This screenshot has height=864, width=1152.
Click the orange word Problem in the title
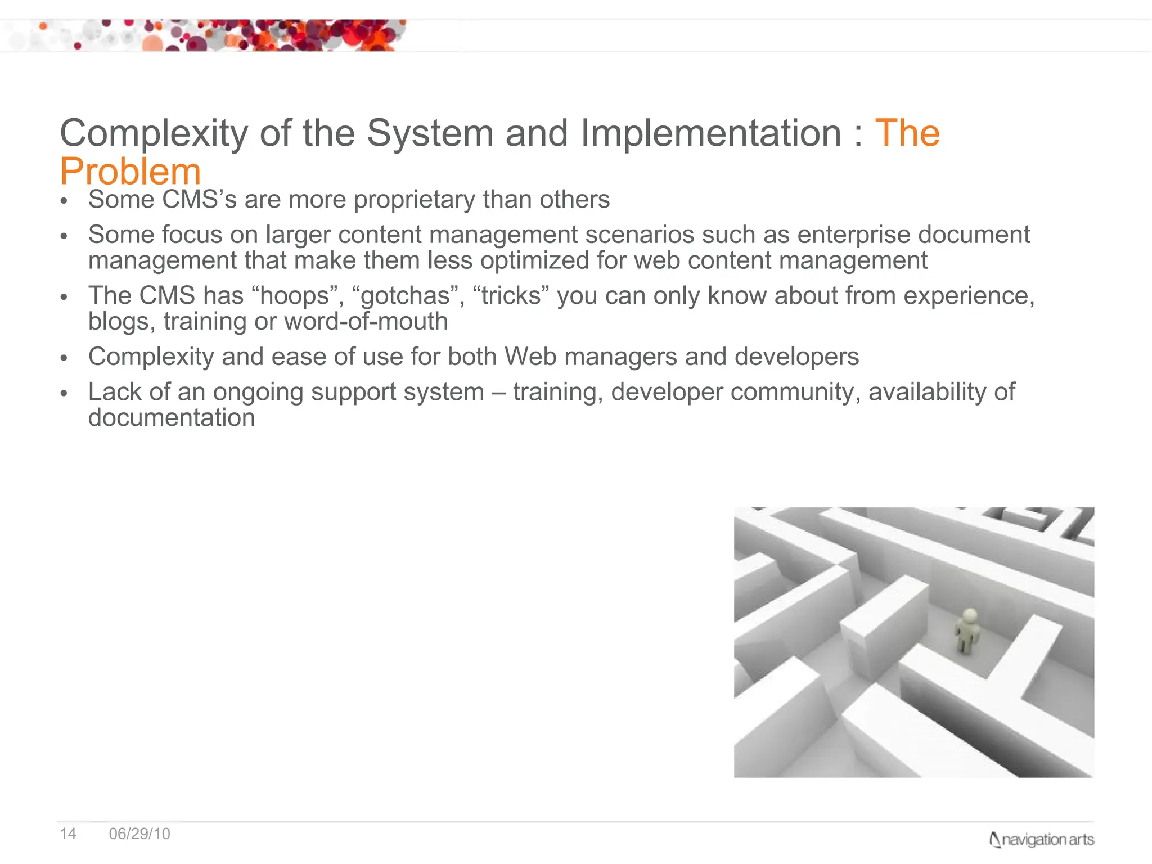130,172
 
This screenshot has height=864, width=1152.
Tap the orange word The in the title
907,133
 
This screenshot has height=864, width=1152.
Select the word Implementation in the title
711,133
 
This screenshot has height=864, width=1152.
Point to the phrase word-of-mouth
366,322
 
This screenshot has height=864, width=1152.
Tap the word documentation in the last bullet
172,418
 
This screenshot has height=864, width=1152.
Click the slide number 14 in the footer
68,834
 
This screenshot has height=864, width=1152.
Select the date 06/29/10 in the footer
139,834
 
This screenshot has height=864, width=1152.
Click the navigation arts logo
1041,840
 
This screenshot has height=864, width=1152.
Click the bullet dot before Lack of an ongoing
64,393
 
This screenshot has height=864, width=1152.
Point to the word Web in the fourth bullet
530,357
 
